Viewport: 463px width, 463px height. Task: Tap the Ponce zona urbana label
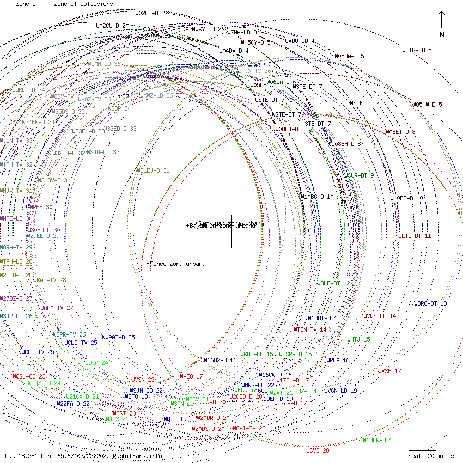coord(178,264)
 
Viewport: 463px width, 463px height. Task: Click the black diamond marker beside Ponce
coord(148,264)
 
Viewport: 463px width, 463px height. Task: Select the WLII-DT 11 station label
coord(414,236)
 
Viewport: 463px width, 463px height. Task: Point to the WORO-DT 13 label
coord(430,303)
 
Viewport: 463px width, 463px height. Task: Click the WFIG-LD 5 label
coord(417,50)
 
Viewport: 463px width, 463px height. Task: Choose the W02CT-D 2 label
coord(150,13)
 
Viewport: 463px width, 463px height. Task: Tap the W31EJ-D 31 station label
coord(153,170)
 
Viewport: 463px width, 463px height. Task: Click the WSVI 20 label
coord(318,450)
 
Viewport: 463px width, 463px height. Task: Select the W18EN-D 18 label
coord(379,440)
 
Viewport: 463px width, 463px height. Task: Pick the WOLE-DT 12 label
coord(333,283)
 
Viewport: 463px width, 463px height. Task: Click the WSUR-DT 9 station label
coord(358,175)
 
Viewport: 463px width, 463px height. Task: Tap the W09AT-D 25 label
coord(118,337)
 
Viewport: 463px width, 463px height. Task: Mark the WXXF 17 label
coord(389,371)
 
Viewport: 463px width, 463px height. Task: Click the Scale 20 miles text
coord(431,456)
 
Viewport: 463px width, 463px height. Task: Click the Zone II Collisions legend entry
coord(83,4)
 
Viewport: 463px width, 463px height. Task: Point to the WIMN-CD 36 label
coord(104,64)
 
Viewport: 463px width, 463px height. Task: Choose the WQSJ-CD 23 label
coord(29,376)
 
